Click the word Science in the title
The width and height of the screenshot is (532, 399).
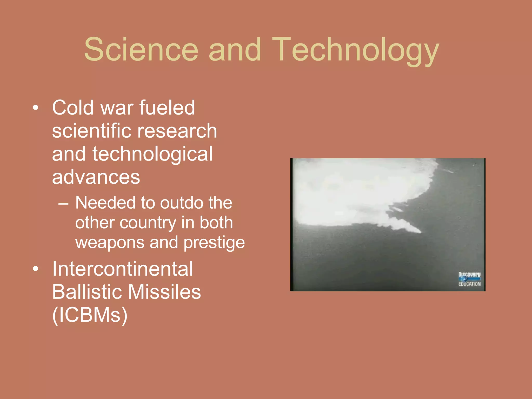141,49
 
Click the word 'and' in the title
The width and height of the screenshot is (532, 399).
235,49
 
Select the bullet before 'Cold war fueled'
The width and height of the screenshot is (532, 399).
36,107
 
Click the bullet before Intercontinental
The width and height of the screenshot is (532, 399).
36,269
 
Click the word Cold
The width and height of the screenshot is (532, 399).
73,108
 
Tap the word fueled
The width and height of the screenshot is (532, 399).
167,108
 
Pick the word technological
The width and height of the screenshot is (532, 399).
152,154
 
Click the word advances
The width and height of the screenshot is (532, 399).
96,177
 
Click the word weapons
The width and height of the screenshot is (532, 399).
110,243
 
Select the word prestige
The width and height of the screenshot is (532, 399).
214,243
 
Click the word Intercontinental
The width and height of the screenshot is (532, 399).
123,269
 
